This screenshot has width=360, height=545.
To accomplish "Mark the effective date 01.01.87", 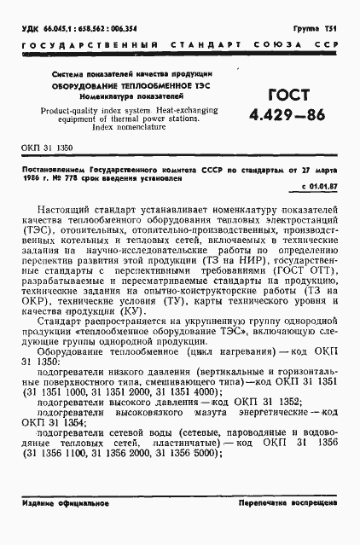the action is pos(320,184).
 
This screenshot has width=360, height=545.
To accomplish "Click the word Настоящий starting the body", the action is pos(66,208).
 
